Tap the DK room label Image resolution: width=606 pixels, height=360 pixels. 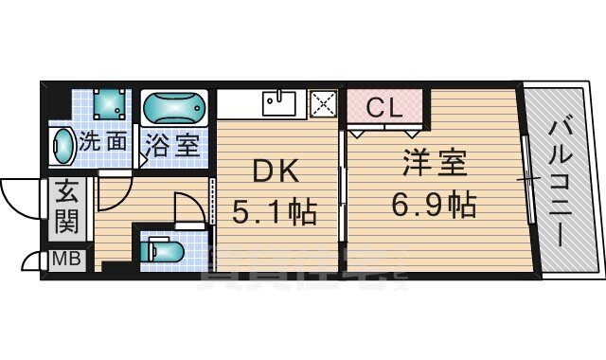pos(275,172)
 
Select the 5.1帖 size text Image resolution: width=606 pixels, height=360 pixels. pos(275,208)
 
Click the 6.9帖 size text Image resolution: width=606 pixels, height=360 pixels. pos(435,203)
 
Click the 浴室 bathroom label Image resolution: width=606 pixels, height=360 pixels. pos(171,145)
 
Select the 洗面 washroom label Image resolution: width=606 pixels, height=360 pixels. pos(102,143)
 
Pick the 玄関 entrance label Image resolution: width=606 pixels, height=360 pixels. pos(62,210)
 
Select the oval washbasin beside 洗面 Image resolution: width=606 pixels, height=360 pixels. pos(62,147)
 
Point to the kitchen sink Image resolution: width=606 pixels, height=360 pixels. pos(280,101)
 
